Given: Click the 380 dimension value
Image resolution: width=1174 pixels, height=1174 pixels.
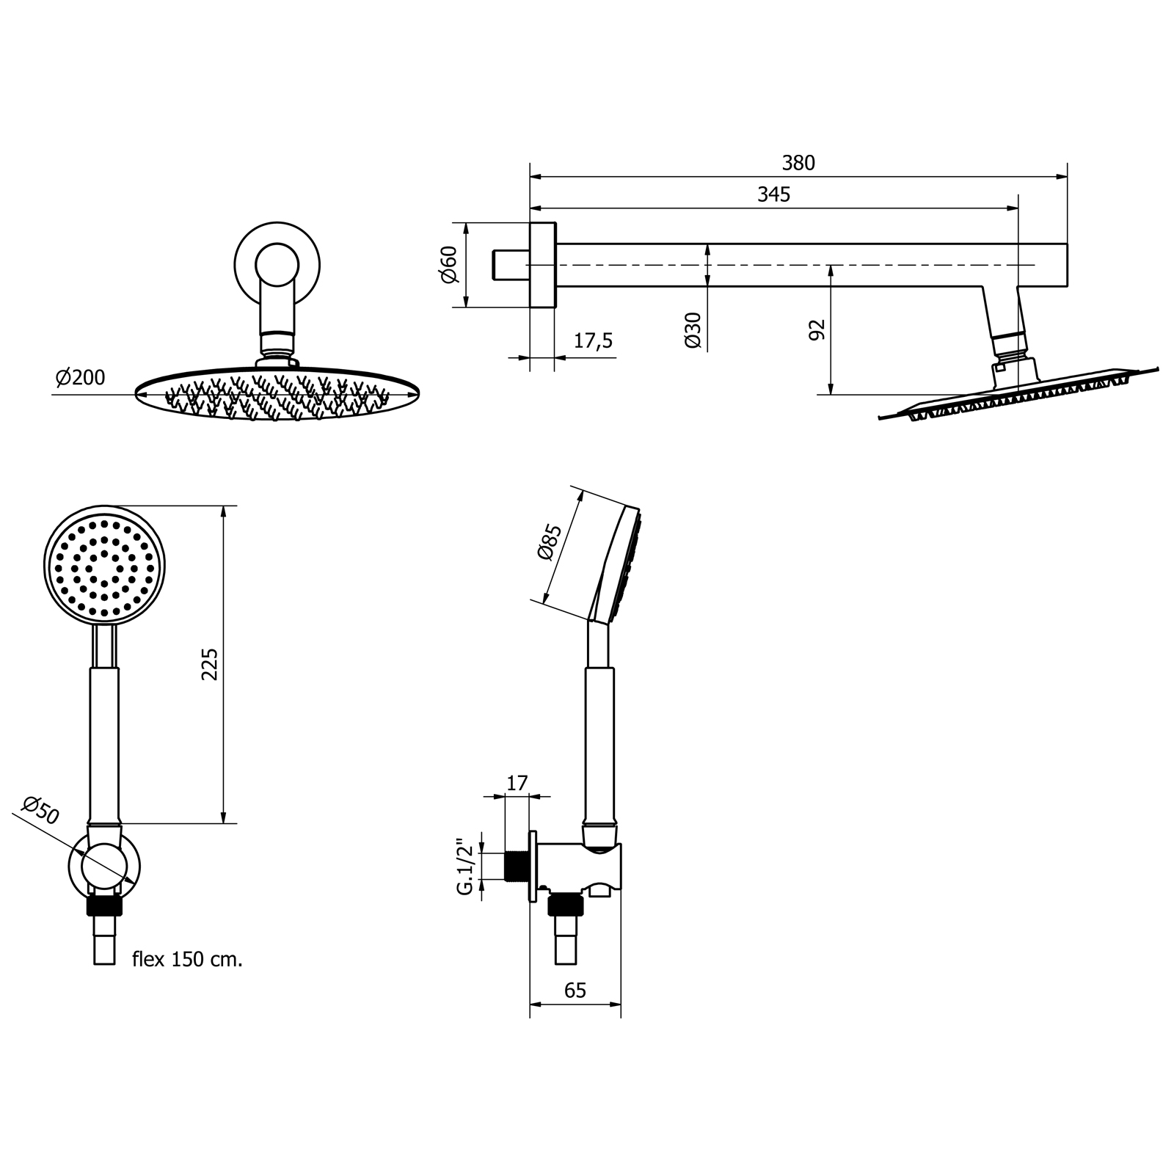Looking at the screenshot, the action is pyautogui.click(x=798, y=163).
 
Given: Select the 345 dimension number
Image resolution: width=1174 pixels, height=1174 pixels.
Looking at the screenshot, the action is pyautogui.click(x=774, y=194).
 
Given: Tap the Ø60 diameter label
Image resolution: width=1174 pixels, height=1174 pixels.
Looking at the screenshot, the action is pyautogui.click(x=449, y=265).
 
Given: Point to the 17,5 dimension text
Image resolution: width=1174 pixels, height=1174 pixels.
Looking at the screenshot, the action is pyautogui.click(x=592, y=341).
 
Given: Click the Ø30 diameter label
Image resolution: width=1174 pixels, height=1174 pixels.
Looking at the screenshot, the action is pyautogui.click(x=693, y=330).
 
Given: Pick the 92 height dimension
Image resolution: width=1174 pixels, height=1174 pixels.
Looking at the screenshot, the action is pyautogui.click(x=817, y=330).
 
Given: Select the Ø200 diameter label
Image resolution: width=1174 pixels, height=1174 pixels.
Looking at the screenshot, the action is pyautogui.click(x=81, y=378).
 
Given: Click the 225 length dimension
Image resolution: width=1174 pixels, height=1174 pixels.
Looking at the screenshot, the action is pyautogui.click(x=210, y=664).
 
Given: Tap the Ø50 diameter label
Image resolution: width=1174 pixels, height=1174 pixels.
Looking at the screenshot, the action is pyautogui.click(x=40, y=811).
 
